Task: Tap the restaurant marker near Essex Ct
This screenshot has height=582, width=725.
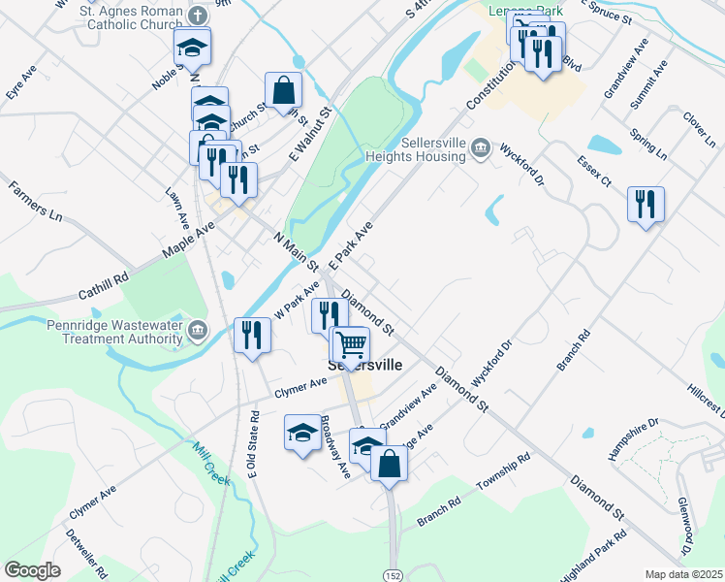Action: [646, 204]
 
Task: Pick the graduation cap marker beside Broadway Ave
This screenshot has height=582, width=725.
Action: [302, 433]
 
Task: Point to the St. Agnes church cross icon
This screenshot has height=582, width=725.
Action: [197, 16]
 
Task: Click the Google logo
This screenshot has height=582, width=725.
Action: [32, 570]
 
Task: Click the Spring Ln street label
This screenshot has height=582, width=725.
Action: [648, 142]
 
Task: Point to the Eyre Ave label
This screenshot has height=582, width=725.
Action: [19, 81]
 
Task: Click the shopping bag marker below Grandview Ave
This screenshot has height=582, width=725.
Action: [389, 462]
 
